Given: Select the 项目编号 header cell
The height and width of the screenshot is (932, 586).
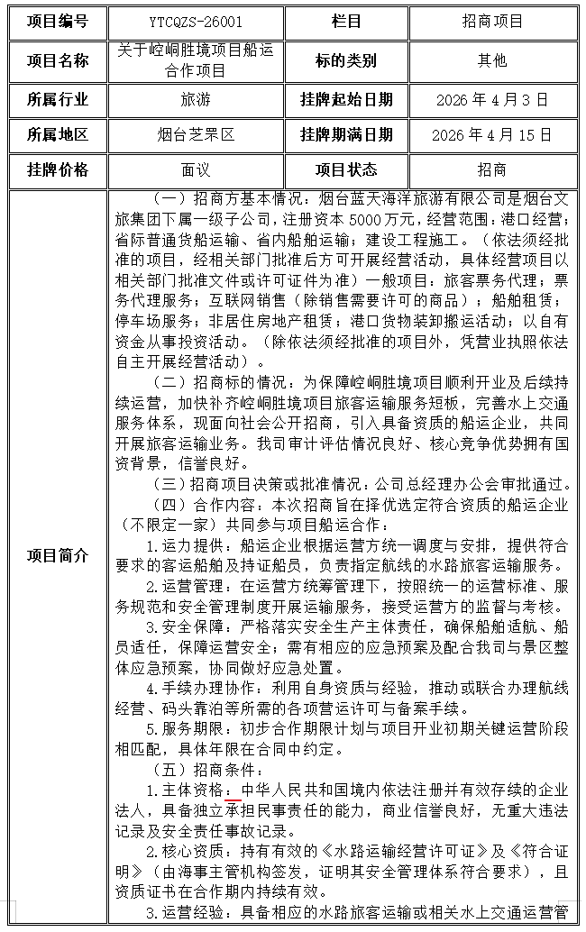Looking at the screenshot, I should (58, 21).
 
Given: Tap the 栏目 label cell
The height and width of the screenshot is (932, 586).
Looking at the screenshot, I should (346, 21).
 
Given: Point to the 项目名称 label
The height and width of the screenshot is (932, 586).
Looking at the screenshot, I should (58, 60).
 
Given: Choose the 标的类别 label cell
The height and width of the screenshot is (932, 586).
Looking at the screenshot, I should (346, 60).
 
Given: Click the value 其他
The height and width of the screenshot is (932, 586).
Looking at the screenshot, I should (491, 60).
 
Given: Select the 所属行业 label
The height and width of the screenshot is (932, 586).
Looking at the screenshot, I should (58, 99).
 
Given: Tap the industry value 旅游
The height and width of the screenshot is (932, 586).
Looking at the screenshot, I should (195, 99).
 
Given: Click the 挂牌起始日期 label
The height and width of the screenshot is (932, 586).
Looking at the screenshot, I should (346, 99).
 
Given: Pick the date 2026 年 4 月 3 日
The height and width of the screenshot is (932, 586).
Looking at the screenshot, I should (491, 99).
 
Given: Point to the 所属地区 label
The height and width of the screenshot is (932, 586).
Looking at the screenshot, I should (58, 135).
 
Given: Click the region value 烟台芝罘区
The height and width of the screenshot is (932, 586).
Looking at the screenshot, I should (195, 135).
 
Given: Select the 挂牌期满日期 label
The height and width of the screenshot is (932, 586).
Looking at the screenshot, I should (346, 135).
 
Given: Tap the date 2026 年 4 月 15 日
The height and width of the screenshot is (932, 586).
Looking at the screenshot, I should (491, 135).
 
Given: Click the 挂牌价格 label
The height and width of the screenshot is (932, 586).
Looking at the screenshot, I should (58, 169).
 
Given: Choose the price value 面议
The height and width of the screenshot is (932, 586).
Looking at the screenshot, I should (195, 169).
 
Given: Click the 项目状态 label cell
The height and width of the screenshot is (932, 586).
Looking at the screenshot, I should (346, 169).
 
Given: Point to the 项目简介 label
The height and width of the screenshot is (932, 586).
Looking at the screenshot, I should (58, 555).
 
